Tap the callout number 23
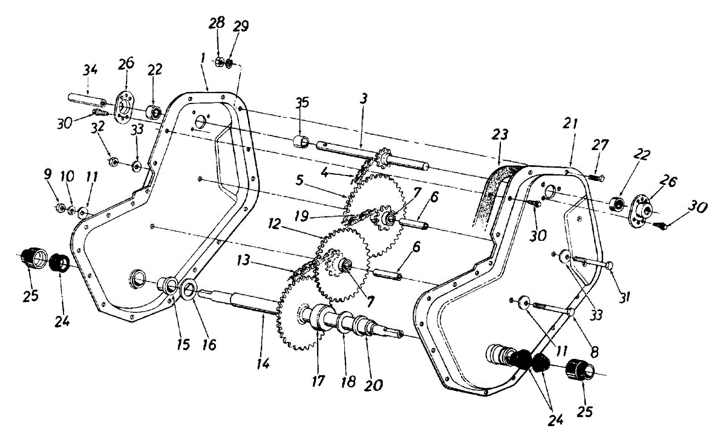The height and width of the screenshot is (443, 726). pyautogui.click(x=502, y=134)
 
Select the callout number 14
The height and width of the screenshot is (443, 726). pyautogui.click(x=263, y=364)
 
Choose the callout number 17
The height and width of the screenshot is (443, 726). pyautogui.click(x=318, y=381)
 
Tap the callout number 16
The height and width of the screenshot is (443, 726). pyautogui.click(x=208, y=344)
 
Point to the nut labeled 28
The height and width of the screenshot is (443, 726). pyautogui.click(x=221, y=61)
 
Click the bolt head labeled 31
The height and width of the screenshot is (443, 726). pyautogui.click(x=609, y=265)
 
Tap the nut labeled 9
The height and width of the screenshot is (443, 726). pyautogui.click(x=60, y=208)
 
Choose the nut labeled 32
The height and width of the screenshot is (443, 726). pyautogui.click(x=113, y=162)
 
